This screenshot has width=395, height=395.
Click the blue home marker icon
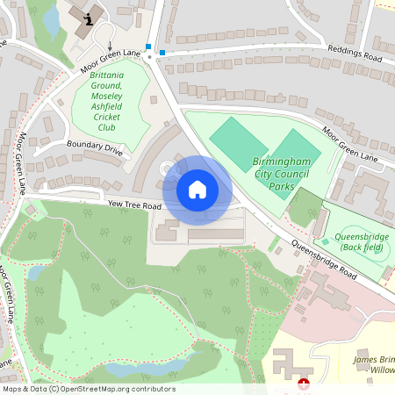point(197,190)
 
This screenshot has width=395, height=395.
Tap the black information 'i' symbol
point(88,18)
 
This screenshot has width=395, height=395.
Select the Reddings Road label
point(355,54)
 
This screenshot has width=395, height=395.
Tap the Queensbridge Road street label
point(324,260)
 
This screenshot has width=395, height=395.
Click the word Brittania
point(107,75)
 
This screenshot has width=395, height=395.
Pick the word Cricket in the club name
point(107,117)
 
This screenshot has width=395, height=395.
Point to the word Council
point(291,176)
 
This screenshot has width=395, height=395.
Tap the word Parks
point(282,187)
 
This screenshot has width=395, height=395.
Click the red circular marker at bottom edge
point(304,384)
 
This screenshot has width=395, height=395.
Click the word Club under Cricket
point(107,127)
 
